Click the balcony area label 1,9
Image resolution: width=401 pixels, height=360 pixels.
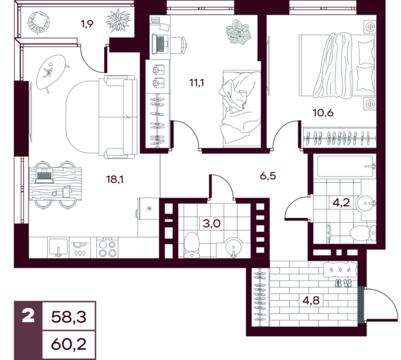pyautogui.click(x=87, y=24)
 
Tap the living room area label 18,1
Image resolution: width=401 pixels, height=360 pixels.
pyautogui.click(x=115, y=179)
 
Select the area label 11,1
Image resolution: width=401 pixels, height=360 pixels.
pyautogui.click(x=197, y=83)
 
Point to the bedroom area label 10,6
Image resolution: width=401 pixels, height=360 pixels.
pyautogui.click(x=323, y=112)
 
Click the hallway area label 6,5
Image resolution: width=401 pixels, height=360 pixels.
pyautogui.click(x=268, y=176)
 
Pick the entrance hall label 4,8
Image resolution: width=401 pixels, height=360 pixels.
pyautogui.click(x=311, y=300)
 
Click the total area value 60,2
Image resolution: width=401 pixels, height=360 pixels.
pyautogui.click(x=69, y=345)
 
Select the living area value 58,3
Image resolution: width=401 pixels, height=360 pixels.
pyautogui.click(x=69, y=317)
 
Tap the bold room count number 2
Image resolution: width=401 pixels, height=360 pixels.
pyautogui.click(x=28, y=316)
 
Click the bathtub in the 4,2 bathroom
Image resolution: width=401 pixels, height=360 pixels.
pyautogui.click(x=345, y=167)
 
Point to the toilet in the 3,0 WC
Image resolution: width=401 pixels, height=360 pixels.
pyautogui.click(x=192, y=245)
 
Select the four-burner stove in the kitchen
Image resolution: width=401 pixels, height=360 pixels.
pyautogui.click(x=108, y=247)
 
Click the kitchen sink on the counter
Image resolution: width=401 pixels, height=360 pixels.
pyautogui.click(x=58, y=247)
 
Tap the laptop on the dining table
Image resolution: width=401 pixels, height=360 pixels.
pyautogui.click(x=44, y=176)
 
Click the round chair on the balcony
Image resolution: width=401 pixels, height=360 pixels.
pyautogui.click(x=39, y=22)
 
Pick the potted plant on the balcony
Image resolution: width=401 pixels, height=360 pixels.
pyautogui.click(x=119, y=20)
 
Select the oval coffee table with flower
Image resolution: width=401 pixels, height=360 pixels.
pyautogui.click(x=51, y=72)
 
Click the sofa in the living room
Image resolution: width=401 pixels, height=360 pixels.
pyautogui.click(x=118, y=117)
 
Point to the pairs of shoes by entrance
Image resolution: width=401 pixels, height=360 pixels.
pyautogui.click(x=343, y=283)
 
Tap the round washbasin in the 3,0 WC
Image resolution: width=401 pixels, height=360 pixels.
pyautogui.click(x=234, y=247)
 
